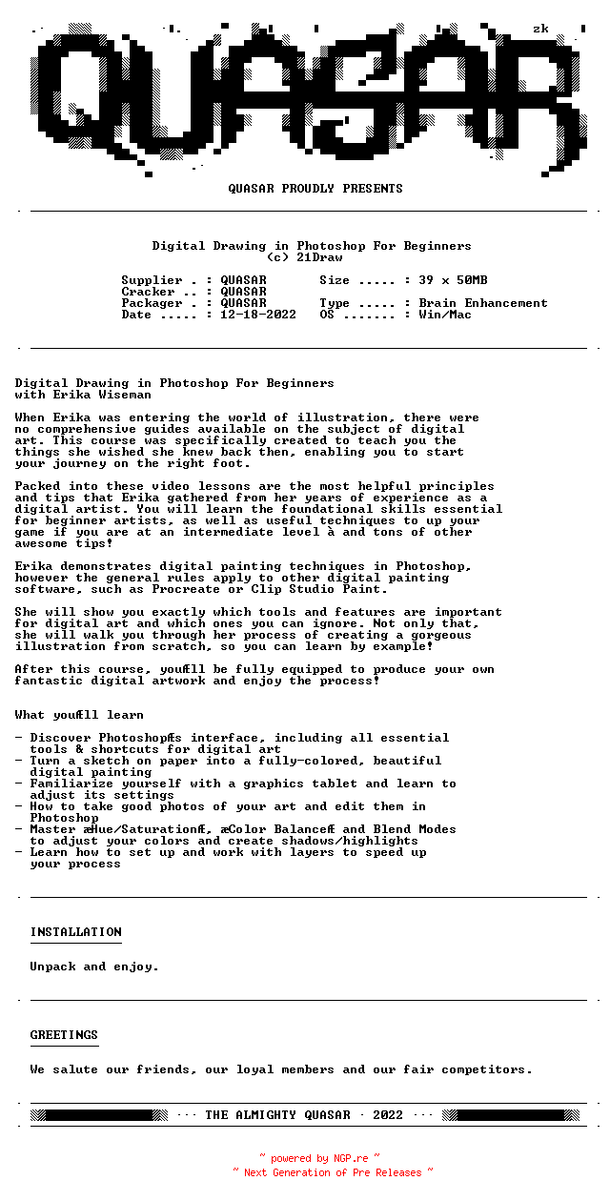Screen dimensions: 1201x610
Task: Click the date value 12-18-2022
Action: pos(258,315)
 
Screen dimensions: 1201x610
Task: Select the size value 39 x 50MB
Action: pos(453,280)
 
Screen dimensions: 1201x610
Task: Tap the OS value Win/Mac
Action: pos(445,315)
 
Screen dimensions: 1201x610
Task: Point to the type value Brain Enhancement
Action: pos(483,303)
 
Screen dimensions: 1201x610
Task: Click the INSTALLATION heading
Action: pos(75,932)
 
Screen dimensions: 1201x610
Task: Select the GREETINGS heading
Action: pos(64,1035)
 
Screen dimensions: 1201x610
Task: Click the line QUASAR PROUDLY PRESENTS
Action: pos(315,189)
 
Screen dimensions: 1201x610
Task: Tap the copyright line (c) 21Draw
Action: pos(304,257)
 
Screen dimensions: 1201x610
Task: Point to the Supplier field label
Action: pos(152,280)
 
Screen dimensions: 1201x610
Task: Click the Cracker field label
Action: pos(148,292)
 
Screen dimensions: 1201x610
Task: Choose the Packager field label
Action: pos(152,303)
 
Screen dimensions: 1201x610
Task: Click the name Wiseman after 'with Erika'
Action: pos(125,395)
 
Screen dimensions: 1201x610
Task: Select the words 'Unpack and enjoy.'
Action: pos(94,967)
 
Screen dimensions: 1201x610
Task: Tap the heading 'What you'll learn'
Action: pos(79,715)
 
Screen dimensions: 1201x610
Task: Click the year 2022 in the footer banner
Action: pos(388,1115)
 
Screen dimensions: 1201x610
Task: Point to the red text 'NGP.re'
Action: pos(351,1159)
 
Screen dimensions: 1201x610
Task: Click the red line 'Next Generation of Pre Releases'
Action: pos(333,1172)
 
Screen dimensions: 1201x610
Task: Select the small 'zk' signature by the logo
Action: pos(540,29)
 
